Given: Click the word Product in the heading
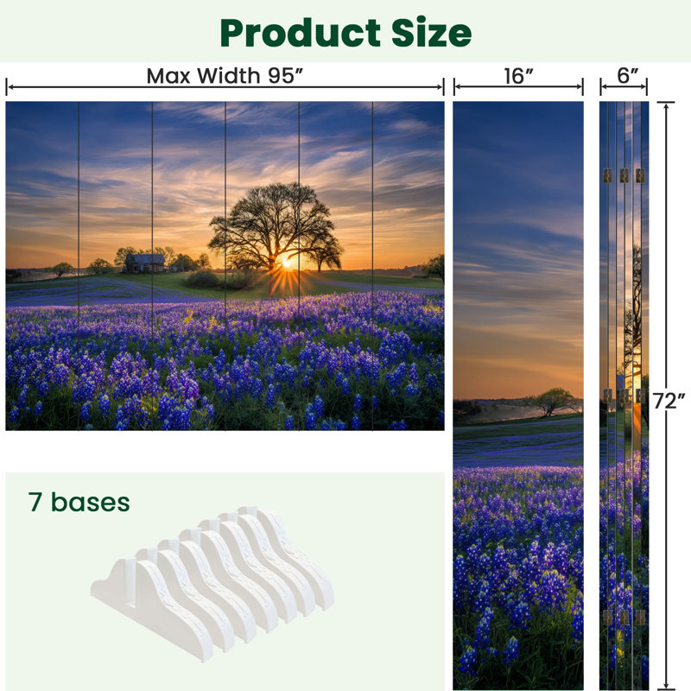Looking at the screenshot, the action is [x=300, y=34].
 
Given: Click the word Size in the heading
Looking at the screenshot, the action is [x=431, y=32].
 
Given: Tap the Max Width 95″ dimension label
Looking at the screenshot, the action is [x=225, y=76].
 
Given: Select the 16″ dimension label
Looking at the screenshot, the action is [x=519, y=76].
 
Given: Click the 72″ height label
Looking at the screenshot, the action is [x=669, y=401].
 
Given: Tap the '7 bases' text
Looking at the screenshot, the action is [x=79, y=503].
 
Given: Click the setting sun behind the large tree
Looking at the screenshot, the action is [x=287, y=263].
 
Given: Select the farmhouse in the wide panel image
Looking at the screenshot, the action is [x=145, y=263].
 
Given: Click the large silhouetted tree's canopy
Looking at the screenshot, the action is [x=274, y=220].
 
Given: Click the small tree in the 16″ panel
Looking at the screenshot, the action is [x=551, y=400].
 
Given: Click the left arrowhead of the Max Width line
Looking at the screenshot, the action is [x=9, y=87].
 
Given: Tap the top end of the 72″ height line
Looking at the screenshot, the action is [x=666, y=103].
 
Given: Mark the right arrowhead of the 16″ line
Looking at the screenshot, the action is [x=580, y=87].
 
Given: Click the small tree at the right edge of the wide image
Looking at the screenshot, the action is [x=434, y=266].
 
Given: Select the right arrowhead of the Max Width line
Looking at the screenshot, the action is [x=441, y=87].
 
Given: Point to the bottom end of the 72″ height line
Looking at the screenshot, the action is [x=666, y=688].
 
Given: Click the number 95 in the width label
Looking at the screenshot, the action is [x=281, y=76].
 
